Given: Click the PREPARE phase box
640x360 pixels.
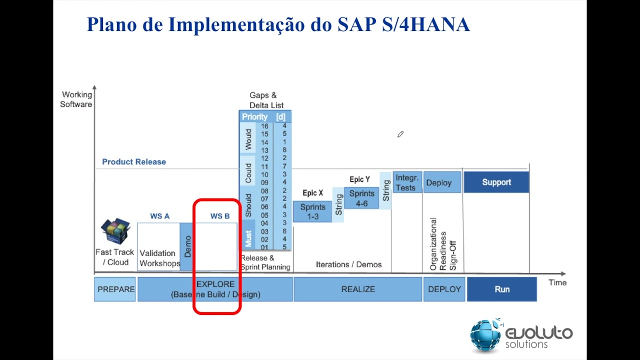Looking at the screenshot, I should (115, 289).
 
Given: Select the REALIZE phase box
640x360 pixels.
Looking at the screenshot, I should (357, 289).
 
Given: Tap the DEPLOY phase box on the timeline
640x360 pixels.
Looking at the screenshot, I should (444, 289).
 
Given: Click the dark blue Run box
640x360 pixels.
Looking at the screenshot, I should (501, 289).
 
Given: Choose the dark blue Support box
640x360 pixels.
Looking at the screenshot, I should (496, 182).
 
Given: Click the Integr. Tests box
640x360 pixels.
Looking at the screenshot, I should (406, 182).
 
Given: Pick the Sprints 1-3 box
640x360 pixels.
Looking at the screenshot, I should (312, 211).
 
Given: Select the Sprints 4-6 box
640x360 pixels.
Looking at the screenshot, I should (361, 198).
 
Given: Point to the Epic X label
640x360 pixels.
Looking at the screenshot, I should (312, 193).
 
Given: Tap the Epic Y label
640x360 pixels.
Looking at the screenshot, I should (359, 179).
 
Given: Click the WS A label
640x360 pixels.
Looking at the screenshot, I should (159, 216).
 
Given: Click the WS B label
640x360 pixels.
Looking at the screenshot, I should (220, 216).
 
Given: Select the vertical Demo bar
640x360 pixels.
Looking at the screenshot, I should (186, 246).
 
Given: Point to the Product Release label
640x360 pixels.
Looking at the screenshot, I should (134, 162).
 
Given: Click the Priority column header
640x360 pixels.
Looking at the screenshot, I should (255, 117).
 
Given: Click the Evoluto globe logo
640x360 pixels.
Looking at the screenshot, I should (485, 334).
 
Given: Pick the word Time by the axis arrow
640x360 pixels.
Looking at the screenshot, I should (557, 282).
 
